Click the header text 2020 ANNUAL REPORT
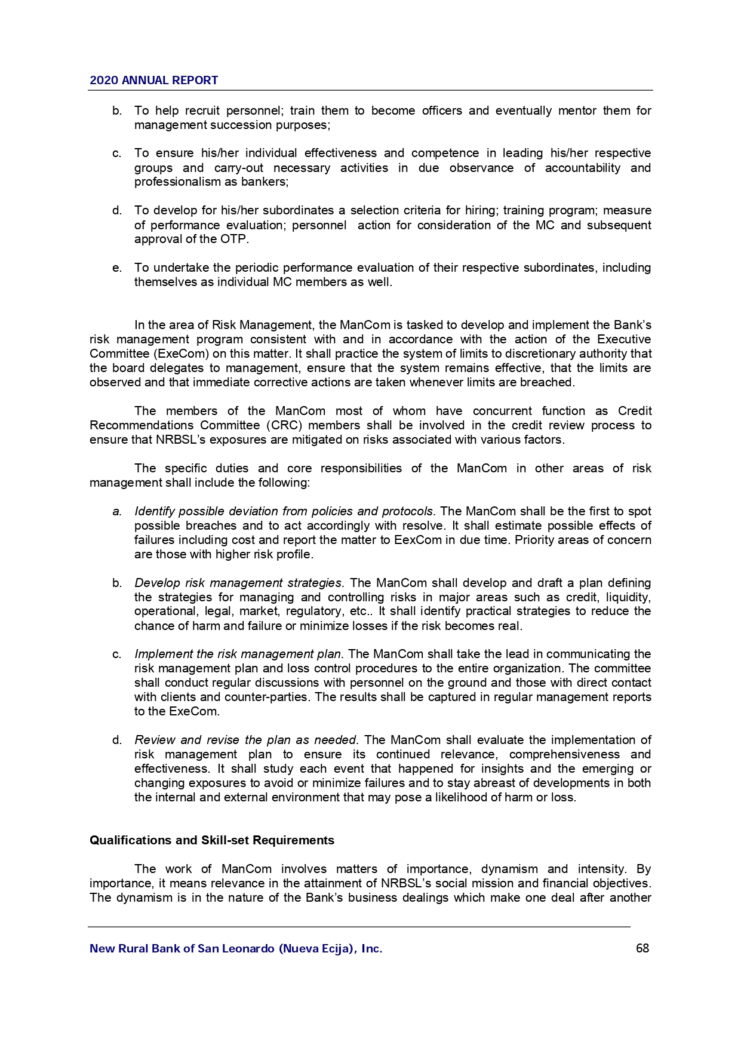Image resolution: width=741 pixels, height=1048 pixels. point(153,81)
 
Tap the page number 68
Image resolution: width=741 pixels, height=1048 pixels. point(642,948)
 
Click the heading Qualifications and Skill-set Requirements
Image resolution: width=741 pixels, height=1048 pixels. point(212,840)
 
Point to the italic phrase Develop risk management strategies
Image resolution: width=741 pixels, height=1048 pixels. point(239,583)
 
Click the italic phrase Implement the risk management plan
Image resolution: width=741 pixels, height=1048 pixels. point(239,654)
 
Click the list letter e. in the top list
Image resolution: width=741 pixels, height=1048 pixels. point(117,268)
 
